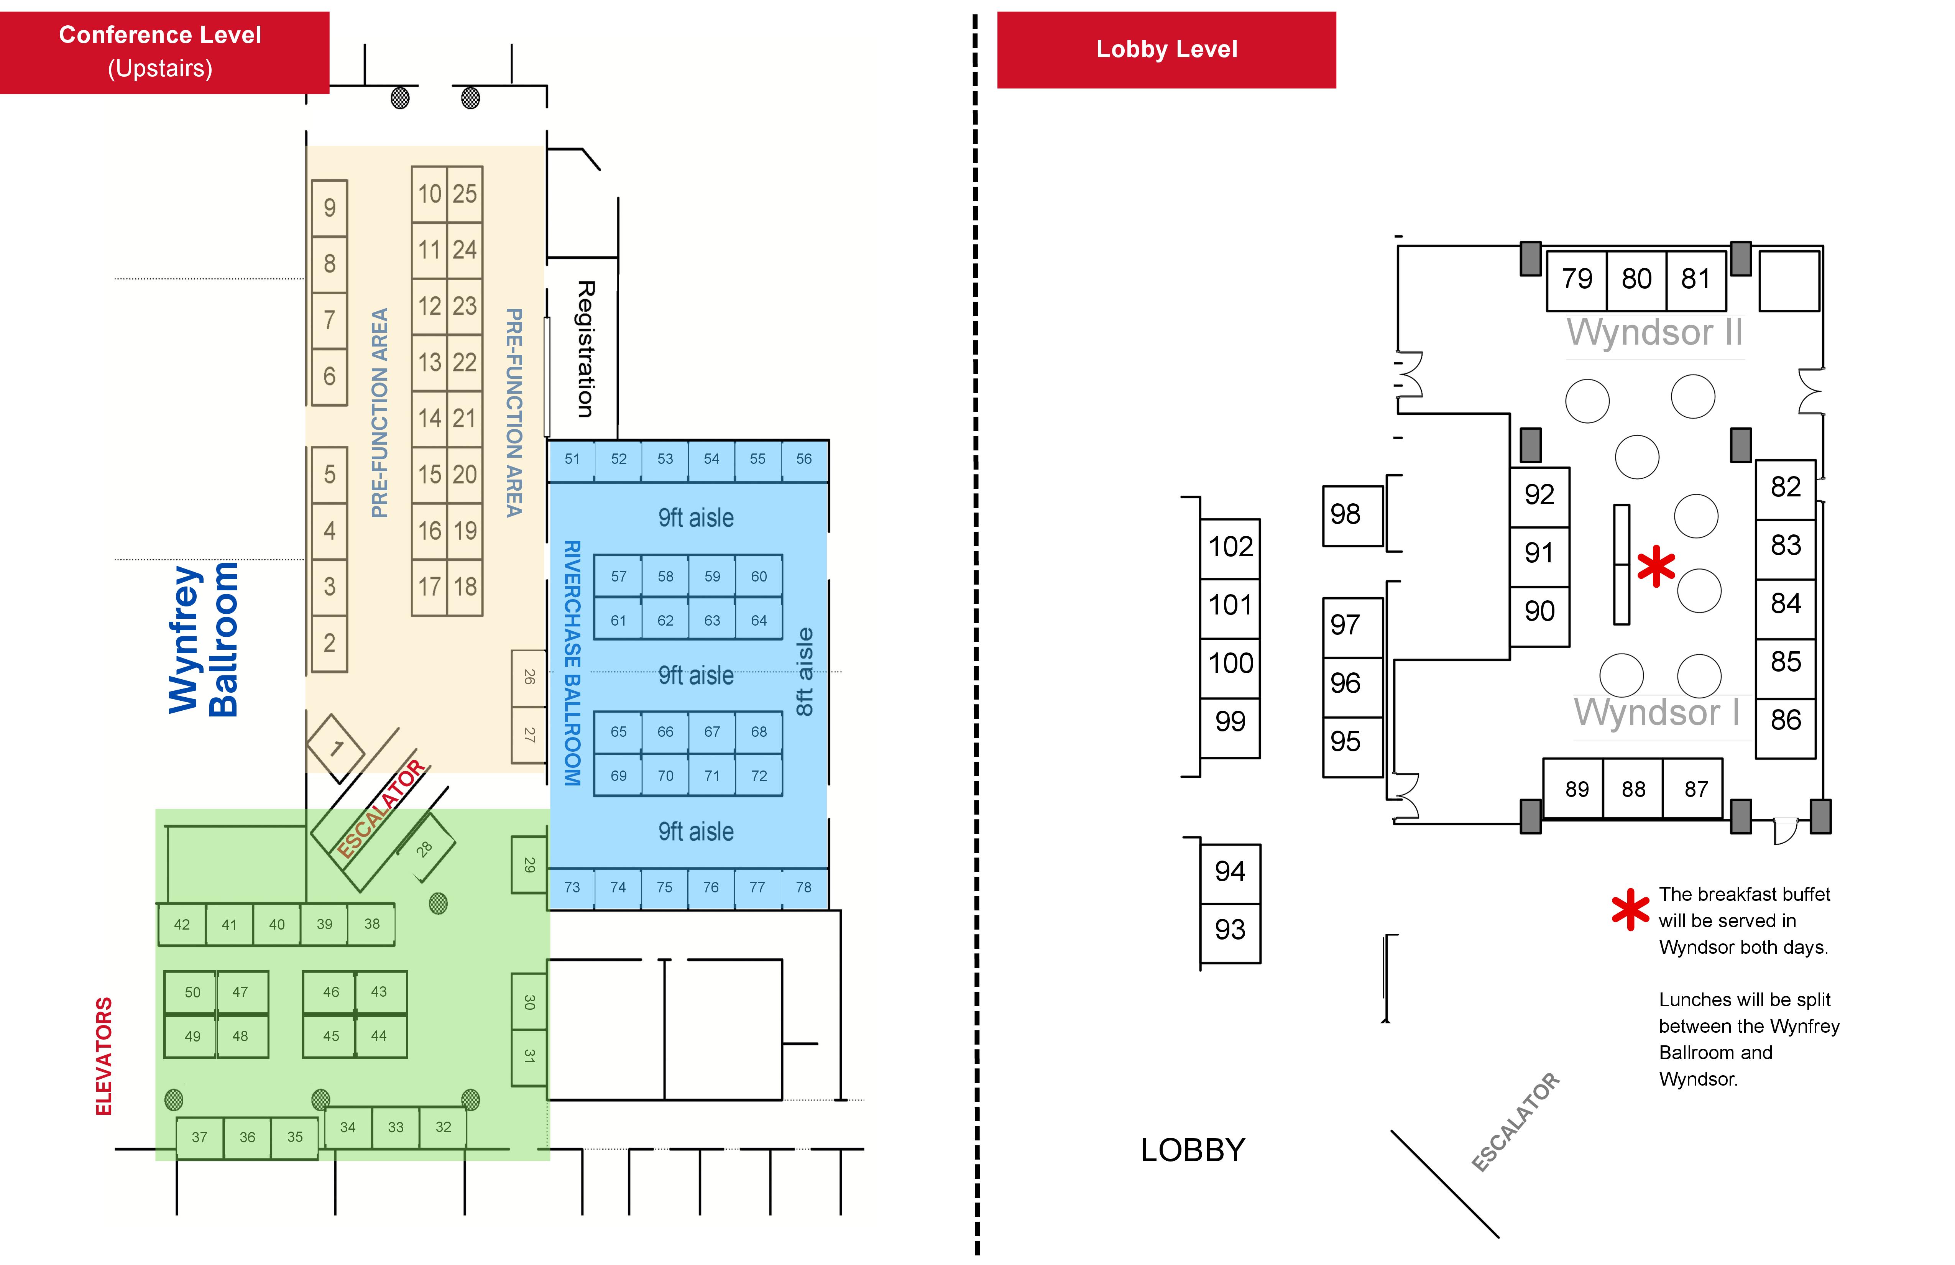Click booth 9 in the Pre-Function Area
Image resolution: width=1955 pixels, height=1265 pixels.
click(329, 208)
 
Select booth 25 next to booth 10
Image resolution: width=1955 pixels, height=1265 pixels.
click(464, 194)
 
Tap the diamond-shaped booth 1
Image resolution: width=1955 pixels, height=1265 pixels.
click(336, 747)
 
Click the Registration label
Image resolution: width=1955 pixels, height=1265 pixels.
click(585, 349)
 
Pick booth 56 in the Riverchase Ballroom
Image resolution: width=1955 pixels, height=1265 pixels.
click(803, 459)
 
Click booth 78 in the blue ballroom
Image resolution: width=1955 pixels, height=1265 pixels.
click(803, 887)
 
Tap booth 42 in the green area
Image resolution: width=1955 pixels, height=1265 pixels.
click(182, 924)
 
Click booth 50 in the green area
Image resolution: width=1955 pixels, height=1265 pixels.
click(192, 992)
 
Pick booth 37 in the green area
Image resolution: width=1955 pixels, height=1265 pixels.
click(200, 1138)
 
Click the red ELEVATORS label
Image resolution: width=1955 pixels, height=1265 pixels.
click(103, 1056)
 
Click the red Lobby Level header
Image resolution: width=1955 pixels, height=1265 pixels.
click(1166, 49)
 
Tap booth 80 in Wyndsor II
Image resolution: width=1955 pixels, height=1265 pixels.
click(1636, 279)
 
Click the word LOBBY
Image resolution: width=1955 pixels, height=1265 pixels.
click(1193, 1150)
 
